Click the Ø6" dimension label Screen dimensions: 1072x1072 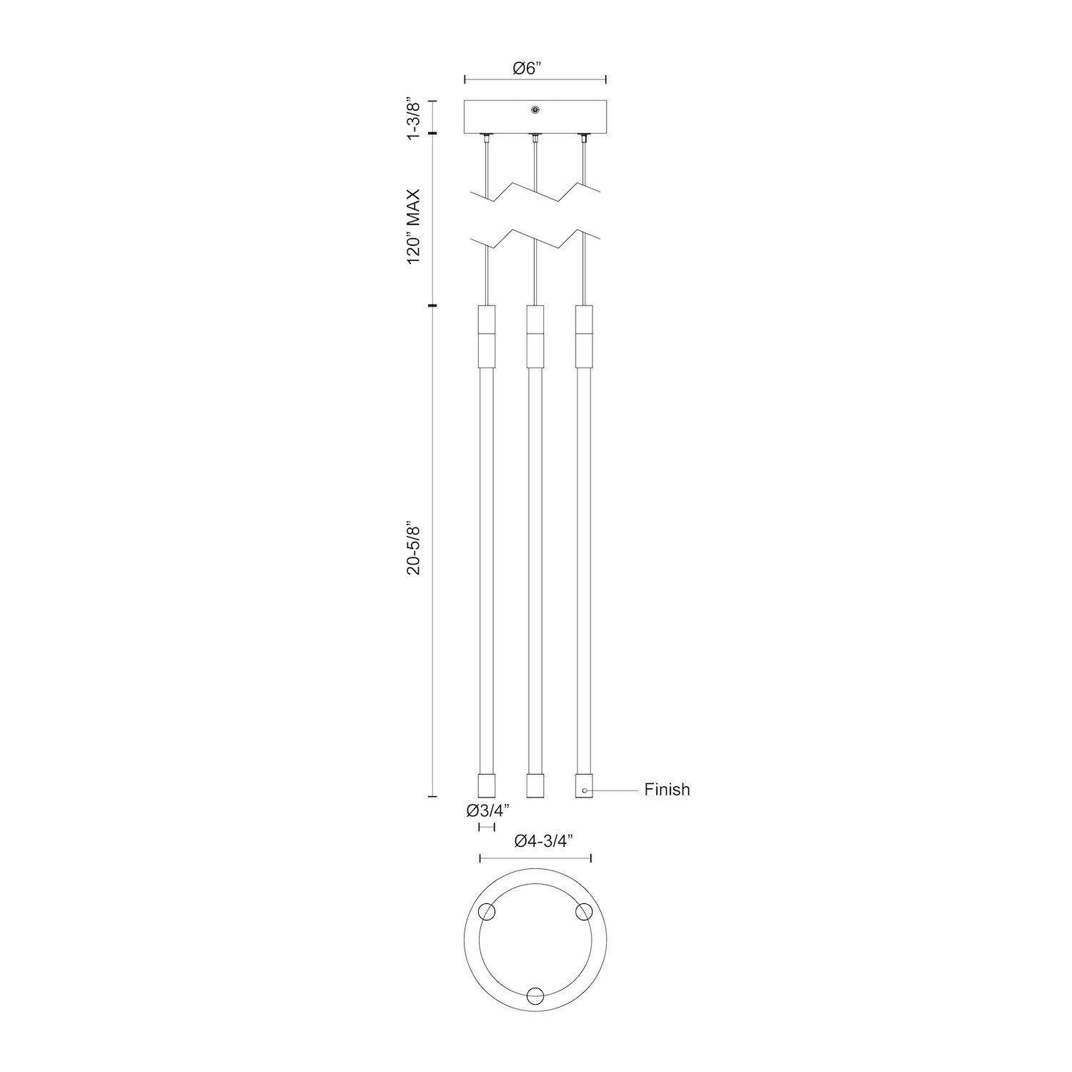528,68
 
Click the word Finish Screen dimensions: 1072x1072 667,790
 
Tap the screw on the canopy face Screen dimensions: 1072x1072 535,109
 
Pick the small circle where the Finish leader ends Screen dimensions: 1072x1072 585,790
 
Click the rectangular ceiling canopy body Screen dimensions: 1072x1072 500,116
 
